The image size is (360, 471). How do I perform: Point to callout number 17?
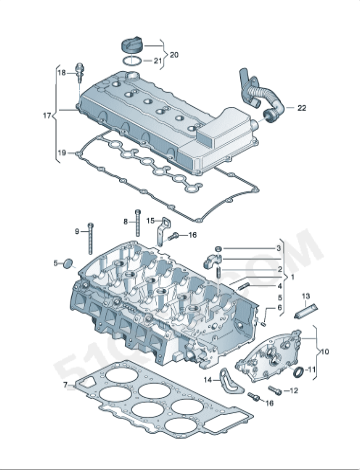46,116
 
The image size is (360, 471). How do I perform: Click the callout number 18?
61,73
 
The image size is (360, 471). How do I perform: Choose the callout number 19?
61,153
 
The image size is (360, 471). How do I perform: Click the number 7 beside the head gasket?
65,384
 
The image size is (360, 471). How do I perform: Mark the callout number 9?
76,231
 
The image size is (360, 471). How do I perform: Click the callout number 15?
151,220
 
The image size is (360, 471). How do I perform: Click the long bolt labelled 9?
90,244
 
